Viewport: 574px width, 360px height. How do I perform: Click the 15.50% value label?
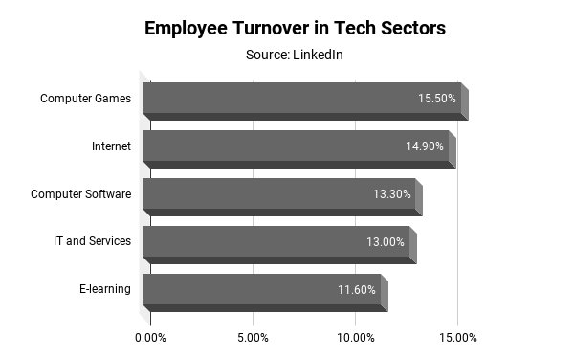click(x=436, y=99)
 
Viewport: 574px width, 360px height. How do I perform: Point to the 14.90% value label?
click(x=425, y=146)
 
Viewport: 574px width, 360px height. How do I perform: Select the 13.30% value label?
click(x=392, y=194)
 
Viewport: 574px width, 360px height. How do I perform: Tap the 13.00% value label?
click(x=386, y=242)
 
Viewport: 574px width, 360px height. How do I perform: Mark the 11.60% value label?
click(x=357, y=290)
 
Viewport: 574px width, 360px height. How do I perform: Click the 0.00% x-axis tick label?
click(x=150, y=338)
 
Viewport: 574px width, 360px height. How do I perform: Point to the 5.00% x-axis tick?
click(x=253, y=338)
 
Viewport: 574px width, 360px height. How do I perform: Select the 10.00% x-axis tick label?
click(x=355, y=338)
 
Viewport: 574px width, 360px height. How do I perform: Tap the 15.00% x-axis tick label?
click(x=457, y=338)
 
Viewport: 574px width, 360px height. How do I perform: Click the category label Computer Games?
click(x=85, y=99)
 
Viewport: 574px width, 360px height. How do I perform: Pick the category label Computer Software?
click(x=80, y=194)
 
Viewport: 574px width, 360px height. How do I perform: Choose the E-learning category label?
click(x=105, y=290)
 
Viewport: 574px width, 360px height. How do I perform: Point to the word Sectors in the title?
click(x=410, y=28)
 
